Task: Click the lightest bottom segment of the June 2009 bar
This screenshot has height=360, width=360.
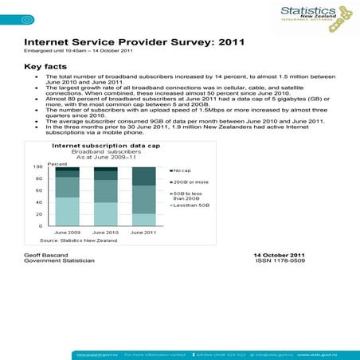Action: pos(67,211)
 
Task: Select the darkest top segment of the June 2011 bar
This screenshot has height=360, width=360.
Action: pos(143,177)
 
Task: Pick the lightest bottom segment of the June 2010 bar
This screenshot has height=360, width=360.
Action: pos(105,213)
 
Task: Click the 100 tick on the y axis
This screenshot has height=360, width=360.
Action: pos(38,167)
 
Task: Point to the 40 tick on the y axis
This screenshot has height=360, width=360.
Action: pos(40,202)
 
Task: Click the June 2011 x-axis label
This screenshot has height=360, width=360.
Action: pos(143,233)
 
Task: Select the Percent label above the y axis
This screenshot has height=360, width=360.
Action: pos(57,162)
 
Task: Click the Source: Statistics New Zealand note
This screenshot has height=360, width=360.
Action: pos(78,241)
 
